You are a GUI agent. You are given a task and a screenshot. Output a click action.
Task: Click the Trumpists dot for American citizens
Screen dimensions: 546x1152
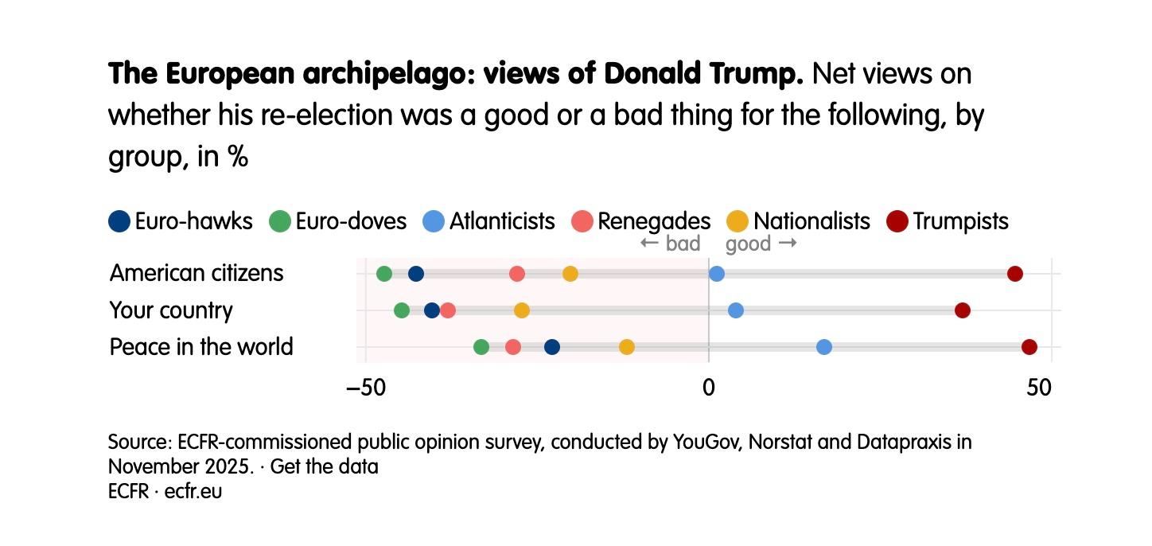pos(1014,274)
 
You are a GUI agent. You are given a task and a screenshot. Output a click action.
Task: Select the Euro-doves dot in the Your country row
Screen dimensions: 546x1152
pos(402,310)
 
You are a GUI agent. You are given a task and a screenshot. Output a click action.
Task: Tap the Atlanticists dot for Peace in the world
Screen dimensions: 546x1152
pos(824,347)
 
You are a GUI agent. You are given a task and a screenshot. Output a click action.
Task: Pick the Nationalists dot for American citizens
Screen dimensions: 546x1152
pos(570,274)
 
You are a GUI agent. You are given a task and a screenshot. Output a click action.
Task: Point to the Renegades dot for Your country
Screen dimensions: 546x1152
pos(448,310)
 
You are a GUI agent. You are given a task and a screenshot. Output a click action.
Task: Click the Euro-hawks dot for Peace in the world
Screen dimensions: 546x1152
pos(552,347)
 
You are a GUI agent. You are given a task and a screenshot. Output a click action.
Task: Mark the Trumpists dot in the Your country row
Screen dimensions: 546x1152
pos(963,310)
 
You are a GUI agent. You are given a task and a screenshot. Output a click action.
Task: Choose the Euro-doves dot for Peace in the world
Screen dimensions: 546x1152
pos(481,347)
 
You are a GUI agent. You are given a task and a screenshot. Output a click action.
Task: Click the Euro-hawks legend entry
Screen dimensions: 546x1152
pos(181,220)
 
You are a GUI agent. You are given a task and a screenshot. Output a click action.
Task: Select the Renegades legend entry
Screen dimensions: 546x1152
pos(641,220)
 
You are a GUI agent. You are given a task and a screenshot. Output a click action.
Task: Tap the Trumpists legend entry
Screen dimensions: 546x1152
pos(948,220)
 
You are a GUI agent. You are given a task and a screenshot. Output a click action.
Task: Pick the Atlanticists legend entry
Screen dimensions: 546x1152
pos(488,220)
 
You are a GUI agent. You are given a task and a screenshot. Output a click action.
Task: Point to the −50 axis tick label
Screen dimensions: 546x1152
pos(365,388)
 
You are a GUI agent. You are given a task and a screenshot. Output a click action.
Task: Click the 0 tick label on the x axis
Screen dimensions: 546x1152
pos(708,388)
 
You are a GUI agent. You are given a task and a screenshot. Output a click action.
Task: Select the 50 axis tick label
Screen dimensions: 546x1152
pos(1051,388)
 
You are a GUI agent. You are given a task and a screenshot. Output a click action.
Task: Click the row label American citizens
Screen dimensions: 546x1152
pos(197,273)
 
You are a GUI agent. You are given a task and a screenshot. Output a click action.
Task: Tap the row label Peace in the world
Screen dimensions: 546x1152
pos(201,347)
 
